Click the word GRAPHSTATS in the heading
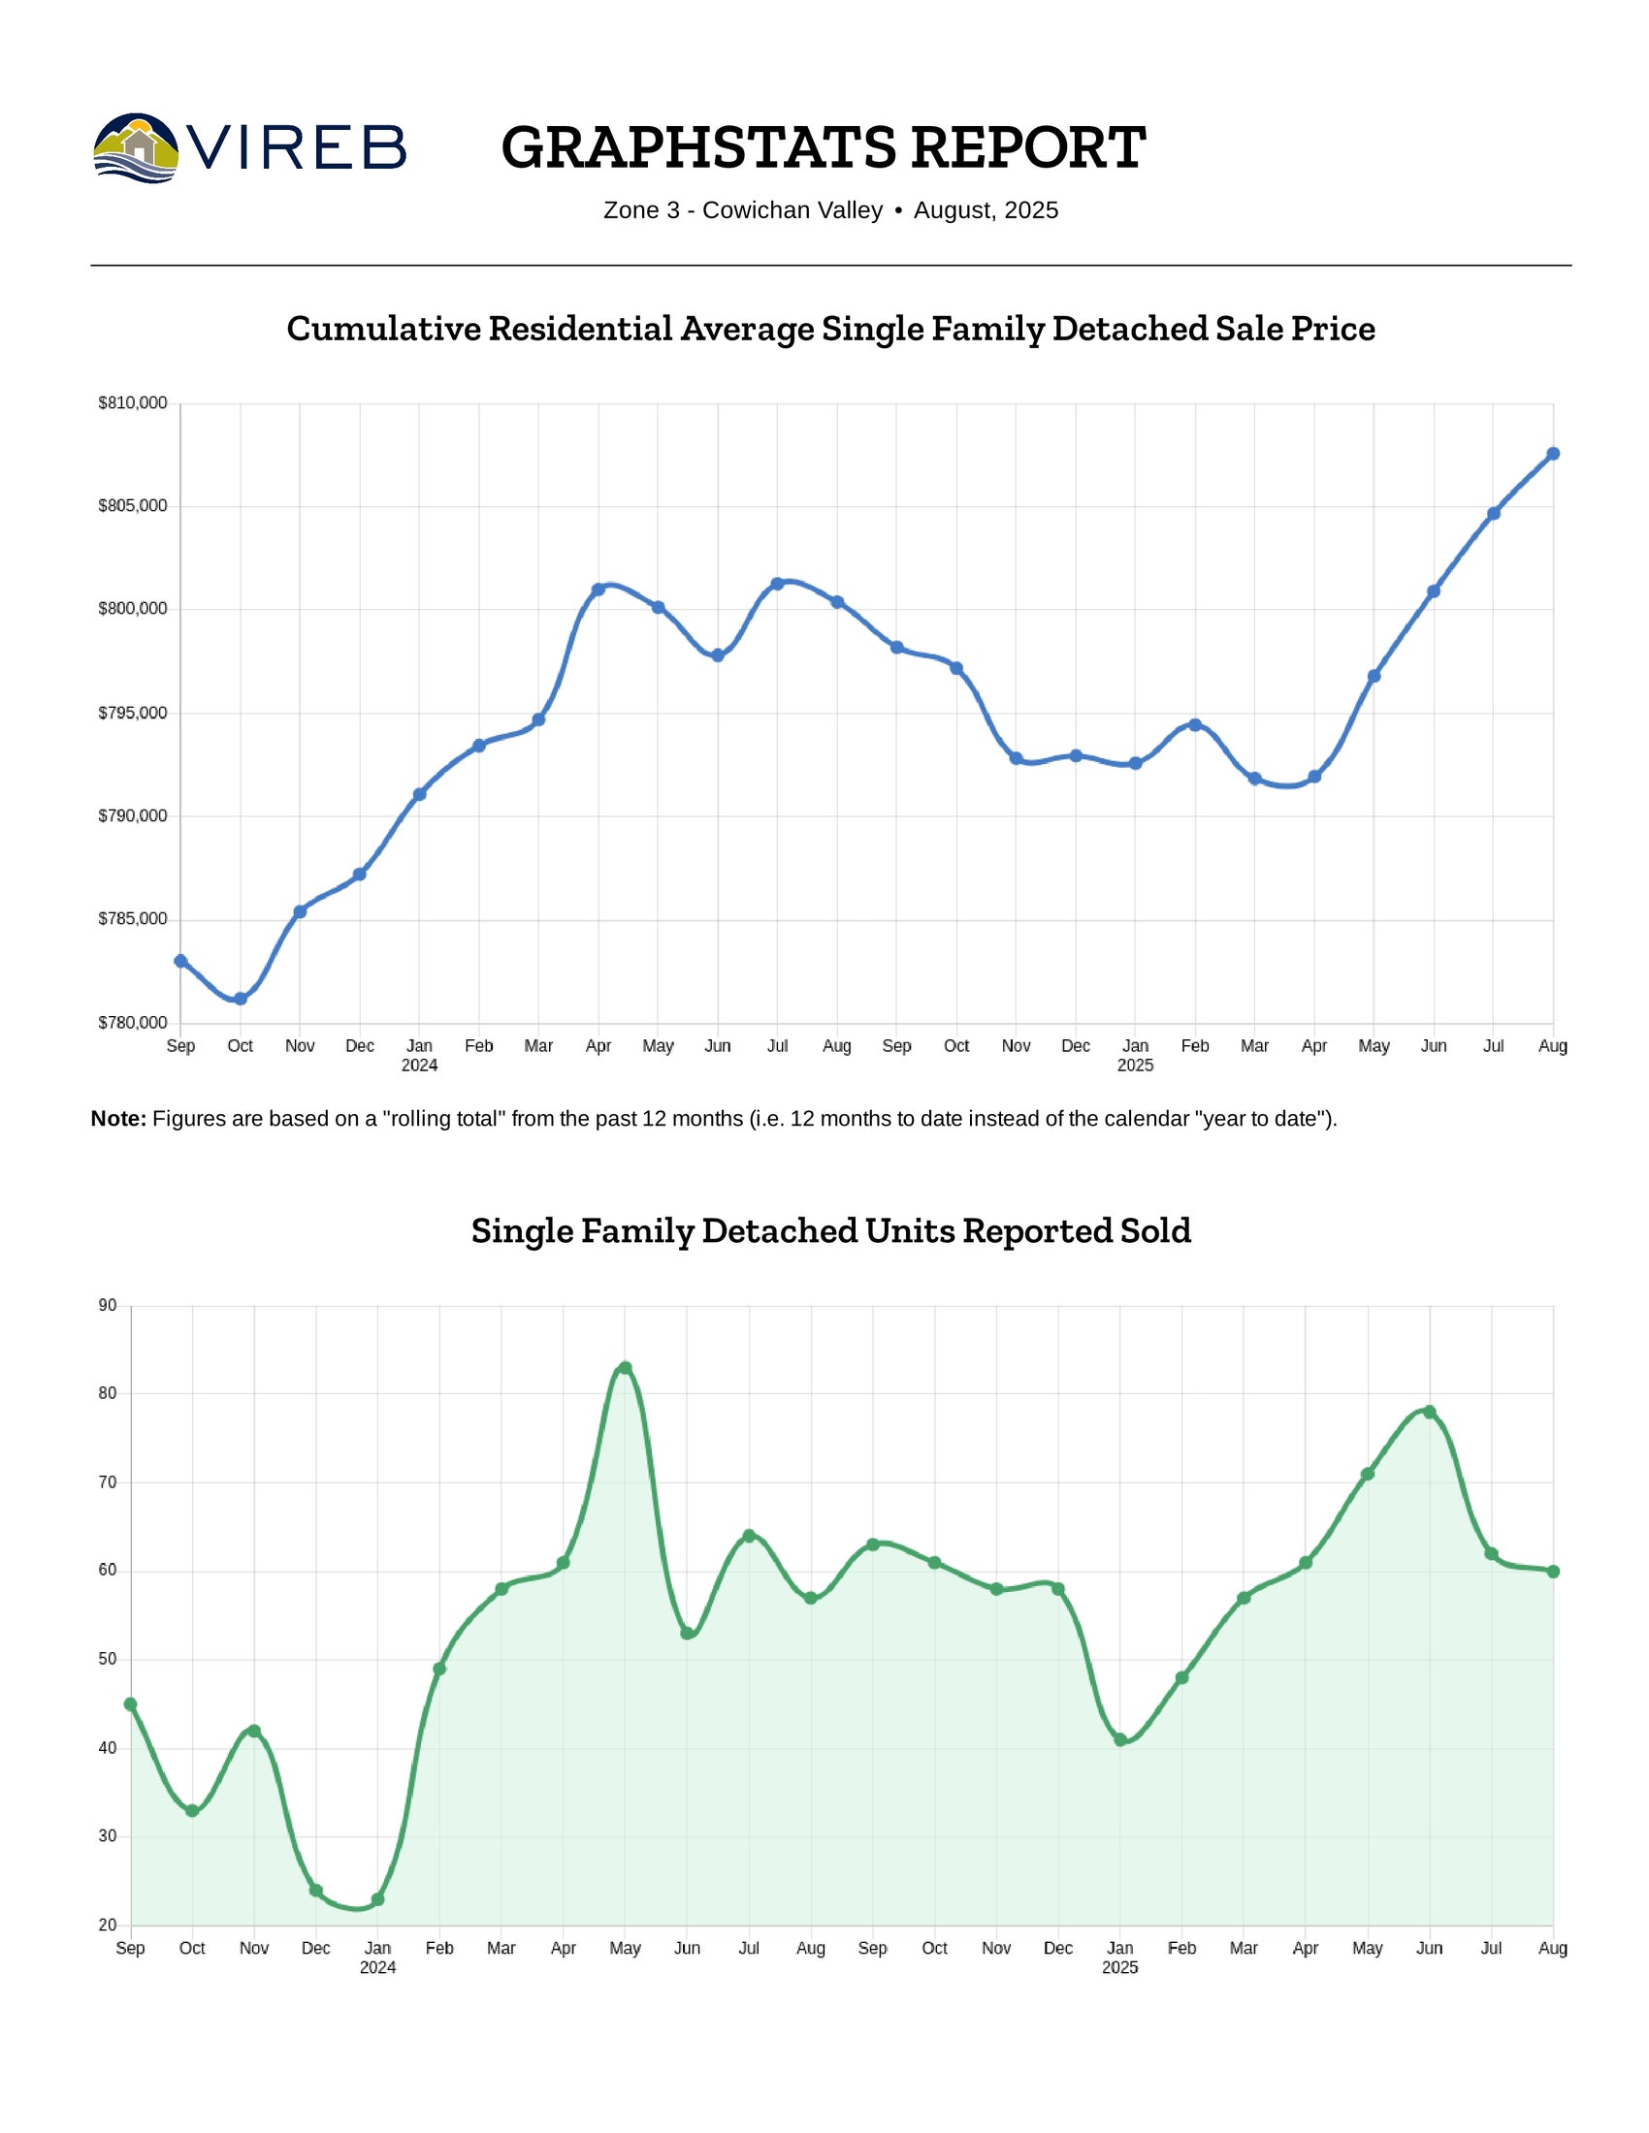click(x=697, y=147)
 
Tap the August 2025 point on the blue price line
click(x=1553, y=453)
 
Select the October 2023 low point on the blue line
click(x=241, y=998)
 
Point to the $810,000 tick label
click(x=133, y=402)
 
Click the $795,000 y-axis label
click(x=133, y=713)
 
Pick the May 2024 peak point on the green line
click(x=626, y=1368)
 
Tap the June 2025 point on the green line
click(x=1429, y=1412)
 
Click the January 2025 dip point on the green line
click(x=1120, y=1739)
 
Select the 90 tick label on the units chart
click(x=108, y=1306)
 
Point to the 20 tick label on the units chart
click(x=108, y=1925)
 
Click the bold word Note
click(x=118, y=1119)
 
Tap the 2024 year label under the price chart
click(x=419, y=1066)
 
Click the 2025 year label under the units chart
click(x=1119, y=1967)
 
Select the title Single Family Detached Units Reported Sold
click(x=830, y=1230)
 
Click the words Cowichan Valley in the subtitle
click(x=792, y=210)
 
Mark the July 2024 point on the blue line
click(x=778, y=584)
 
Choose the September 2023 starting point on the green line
click(x=131, y=1704)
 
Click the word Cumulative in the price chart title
click(x=383, y=328)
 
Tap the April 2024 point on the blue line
click(x=598, y=589)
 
